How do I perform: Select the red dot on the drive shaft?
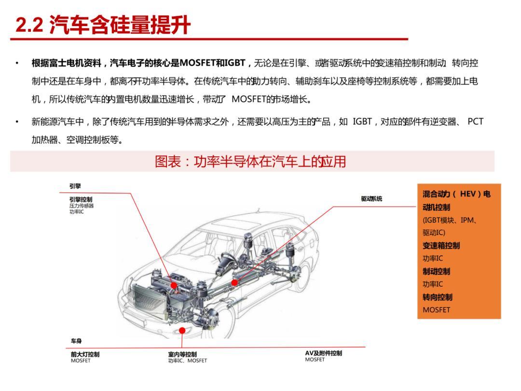[x=234, y=282]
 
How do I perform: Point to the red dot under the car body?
[x=182, y=330]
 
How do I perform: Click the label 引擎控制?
[x=81, y=199]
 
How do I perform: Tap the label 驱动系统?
[x=371, y=199]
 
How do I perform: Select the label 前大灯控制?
[x=85, y=354]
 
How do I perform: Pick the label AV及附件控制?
[x=323, y=353]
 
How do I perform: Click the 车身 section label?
[x=76, y=341]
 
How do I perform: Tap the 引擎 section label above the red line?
[x=75, y=186]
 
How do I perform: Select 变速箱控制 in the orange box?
[x=441, y=246]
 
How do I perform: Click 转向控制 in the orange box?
[x=438, y=297]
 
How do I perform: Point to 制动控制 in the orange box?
[x=438, y=271]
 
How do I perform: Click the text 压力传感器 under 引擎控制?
[x=81, y=206]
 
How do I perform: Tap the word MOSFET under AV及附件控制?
[x=315, y=360]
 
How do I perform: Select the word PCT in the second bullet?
[x=475, y=122]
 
